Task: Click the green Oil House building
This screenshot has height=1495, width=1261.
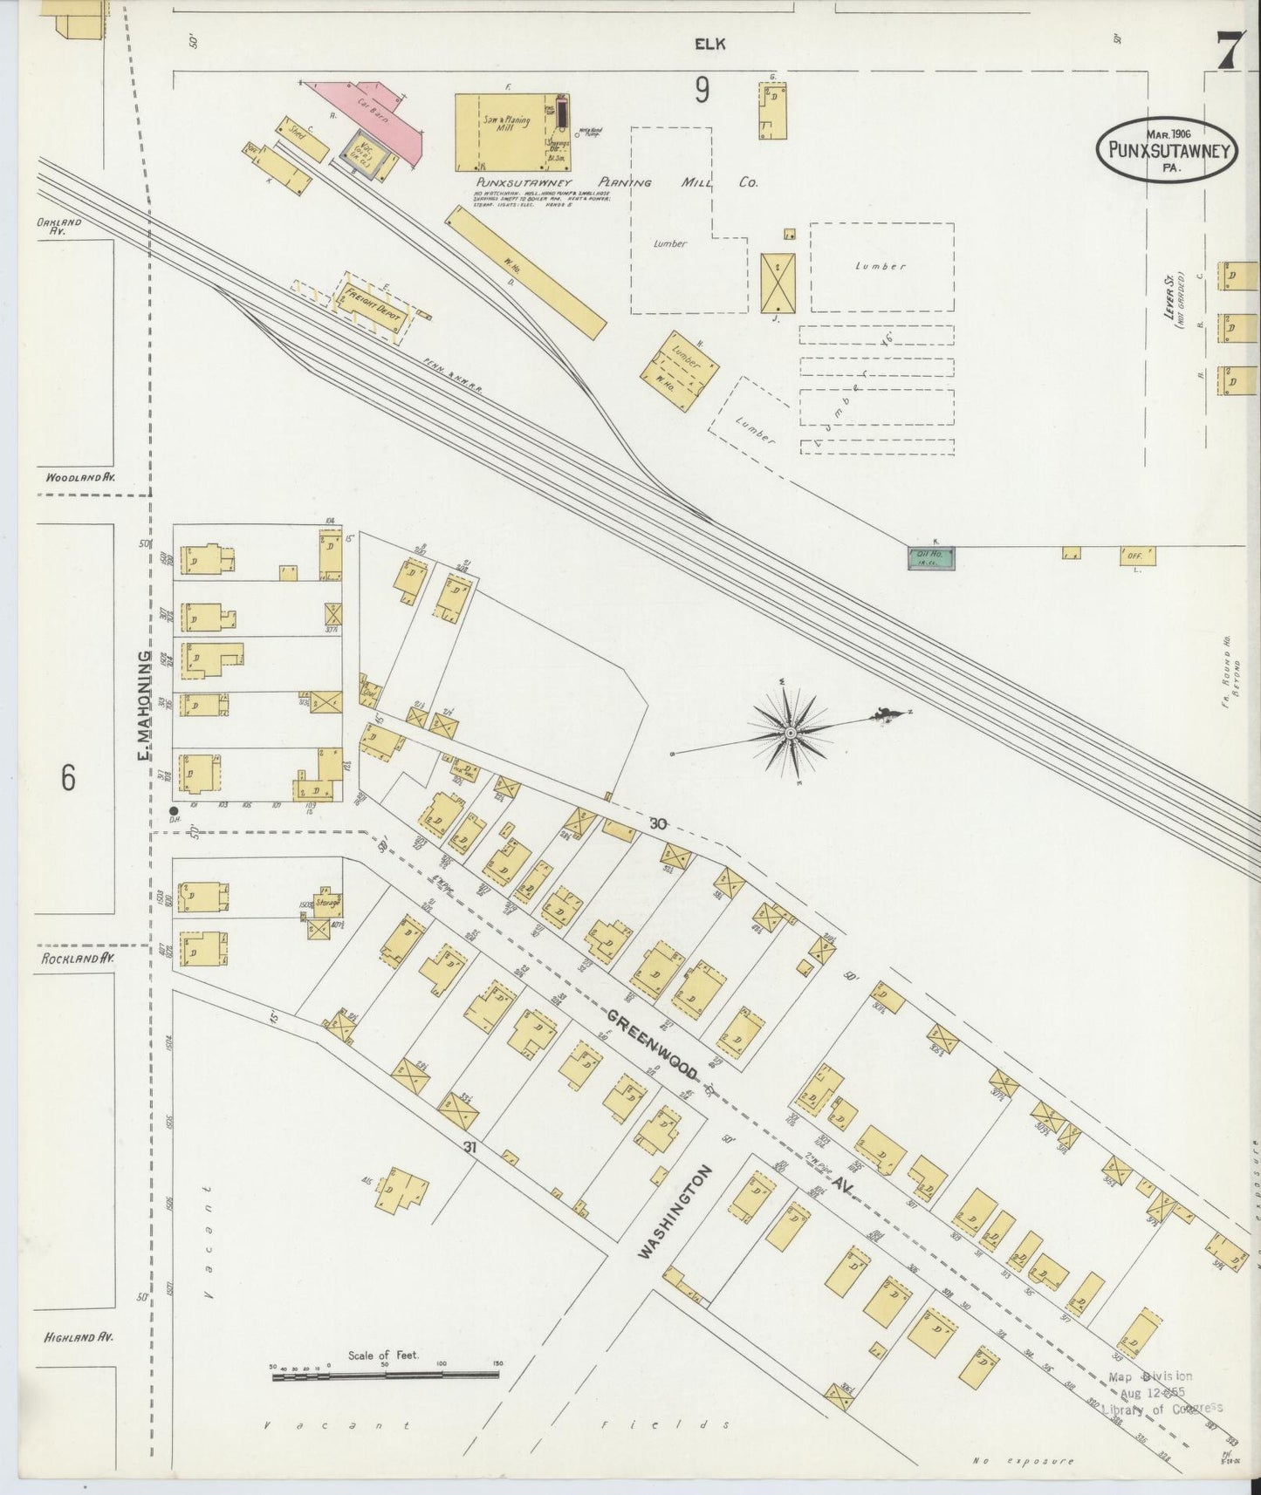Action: point(931,557)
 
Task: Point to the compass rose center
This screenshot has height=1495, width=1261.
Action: point(790,733)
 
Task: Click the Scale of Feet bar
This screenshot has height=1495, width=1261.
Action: point(385,1374)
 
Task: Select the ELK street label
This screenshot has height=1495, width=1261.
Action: point(710,44)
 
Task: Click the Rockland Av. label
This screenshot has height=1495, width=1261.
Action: point(79,958)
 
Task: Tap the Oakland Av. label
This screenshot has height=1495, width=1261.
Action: point(59,227)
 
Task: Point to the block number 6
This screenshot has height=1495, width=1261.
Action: point(68,776)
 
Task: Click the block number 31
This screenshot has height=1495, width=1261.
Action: point(470,1146)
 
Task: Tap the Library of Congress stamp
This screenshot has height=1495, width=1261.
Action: point(1161,1393)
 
